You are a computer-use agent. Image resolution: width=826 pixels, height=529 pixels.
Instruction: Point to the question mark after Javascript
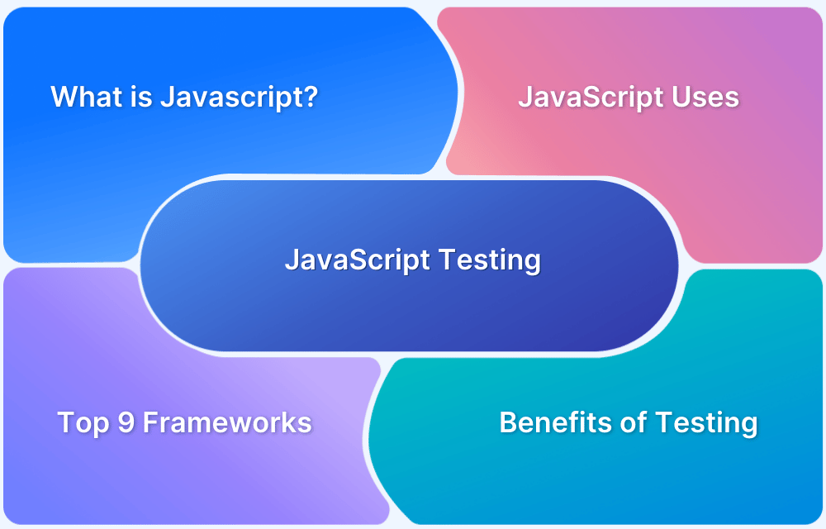[x=311, y=98]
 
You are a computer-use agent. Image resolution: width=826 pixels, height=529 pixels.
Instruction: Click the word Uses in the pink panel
[x=705, y=98]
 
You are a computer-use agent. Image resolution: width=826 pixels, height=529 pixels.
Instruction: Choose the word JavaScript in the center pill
[x=358, y=260]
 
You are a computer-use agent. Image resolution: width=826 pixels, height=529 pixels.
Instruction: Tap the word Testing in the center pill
[x=489, y=260]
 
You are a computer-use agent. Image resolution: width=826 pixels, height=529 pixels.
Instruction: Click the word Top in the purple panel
[x=84, y=423]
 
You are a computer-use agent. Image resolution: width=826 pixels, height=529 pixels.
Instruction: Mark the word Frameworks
[x=227, y=423]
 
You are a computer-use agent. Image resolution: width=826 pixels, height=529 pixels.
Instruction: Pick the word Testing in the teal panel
[x=707, y=423]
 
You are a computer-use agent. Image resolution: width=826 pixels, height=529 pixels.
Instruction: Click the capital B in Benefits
[x=508, y=423]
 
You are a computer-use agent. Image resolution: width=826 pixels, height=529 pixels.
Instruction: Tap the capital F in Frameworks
[x=150, y=423]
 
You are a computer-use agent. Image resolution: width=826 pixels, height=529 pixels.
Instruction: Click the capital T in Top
[x=65, y=423]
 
